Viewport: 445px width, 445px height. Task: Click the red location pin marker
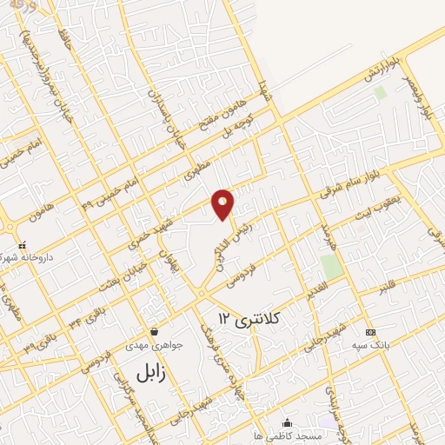[224, 203]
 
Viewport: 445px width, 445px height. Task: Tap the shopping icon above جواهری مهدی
[154, 331]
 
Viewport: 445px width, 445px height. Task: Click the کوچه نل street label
[237, 128]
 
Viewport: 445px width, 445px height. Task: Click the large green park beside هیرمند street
[330, 266]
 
